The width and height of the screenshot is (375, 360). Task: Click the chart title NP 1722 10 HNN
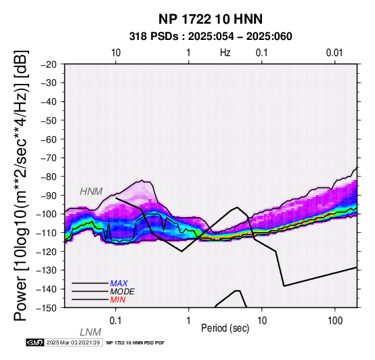coord(211,19)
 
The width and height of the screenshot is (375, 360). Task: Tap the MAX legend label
coord(119,284)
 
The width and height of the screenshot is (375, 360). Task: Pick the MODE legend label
coord(123,292)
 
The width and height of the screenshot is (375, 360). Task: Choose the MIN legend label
coord(118,300)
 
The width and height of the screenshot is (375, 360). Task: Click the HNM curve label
coord(91,192)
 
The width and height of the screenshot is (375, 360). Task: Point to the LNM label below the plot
coord(91,332)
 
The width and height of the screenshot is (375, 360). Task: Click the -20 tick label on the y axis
coord(48,64)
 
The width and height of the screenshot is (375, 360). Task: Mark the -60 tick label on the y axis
coord(48,139)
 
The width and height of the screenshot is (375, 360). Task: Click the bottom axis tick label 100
coord(335,321)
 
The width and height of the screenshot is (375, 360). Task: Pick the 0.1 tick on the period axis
coord(116,321)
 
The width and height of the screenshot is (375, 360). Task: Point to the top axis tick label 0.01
coord(335,53)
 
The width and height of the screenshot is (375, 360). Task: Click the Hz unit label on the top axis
coord(225,53)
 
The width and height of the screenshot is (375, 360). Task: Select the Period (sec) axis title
coord(225,328)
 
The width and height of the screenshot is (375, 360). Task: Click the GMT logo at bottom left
coord(35,342)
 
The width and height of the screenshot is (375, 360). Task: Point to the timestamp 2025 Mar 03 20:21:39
coord(73,342)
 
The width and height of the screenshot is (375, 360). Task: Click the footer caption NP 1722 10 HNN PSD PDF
coord(135,343)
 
